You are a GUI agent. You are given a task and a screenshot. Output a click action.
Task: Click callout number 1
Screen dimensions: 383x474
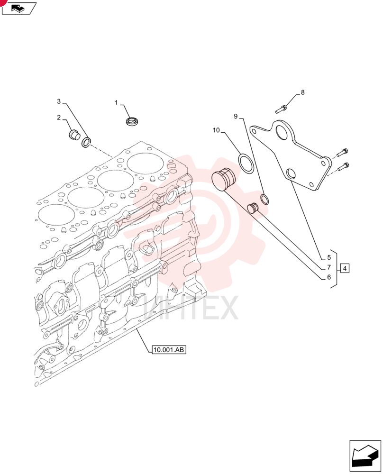click(x=116, y=103)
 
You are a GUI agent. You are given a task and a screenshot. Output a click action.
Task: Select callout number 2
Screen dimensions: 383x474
click(x=59, y=117)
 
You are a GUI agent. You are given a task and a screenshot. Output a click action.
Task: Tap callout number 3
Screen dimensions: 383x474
click(x=59, y=101)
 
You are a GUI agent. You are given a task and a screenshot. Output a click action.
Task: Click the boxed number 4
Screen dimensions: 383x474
click(x=345, y=268)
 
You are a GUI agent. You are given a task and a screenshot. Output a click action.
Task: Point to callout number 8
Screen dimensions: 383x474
click(x=302, y=92)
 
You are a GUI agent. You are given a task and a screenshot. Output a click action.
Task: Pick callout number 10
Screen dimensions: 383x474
click(x=217, y=130)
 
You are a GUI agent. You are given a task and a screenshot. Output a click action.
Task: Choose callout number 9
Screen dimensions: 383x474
click(x=236, y=117)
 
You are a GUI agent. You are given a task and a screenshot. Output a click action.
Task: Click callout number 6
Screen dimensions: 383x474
click(x=329, y=277)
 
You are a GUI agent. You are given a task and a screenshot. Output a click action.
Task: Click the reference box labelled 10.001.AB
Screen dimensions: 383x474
click(x=168, y=350)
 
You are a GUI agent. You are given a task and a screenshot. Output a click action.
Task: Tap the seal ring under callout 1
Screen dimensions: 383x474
click(x=132, y=122)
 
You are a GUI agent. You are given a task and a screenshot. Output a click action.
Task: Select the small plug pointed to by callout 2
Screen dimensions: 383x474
click(x=73, y=135)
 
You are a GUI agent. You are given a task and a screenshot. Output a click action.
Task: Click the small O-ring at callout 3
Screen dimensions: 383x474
click(x=86, y=142)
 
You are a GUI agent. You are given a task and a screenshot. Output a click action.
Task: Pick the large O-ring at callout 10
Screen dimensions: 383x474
click(x=246, y=164)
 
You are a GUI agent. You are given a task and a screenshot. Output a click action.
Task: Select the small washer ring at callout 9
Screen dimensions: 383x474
click(x=264, y=199)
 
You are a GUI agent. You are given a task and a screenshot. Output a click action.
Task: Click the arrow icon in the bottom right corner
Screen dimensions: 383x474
click(x=365, y=456)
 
